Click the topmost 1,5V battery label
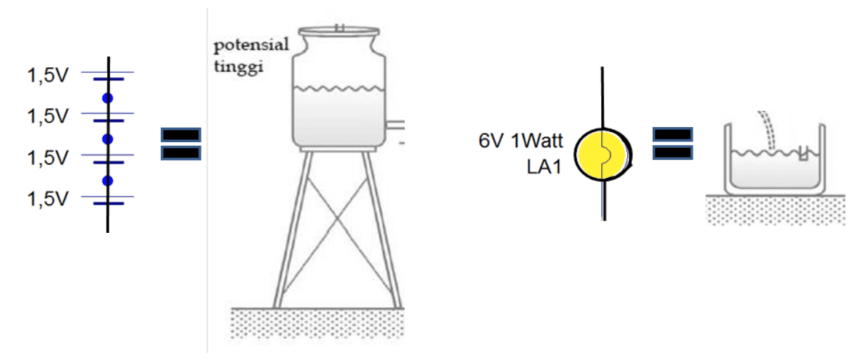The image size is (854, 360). [x=47, y=75]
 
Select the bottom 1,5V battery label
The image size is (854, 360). [x=47, y=199]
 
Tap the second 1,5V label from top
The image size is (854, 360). [x=47, y=116]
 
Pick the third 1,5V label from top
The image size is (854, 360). [x=47, y=157]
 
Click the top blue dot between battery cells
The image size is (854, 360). [x=108, y=98]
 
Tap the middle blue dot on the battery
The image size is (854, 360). [x=108, y=139]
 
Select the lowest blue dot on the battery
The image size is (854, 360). [x=108, y=180]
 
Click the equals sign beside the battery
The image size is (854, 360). [x=181, y=144]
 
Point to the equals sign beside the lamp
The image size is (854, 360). [x=672, y=143]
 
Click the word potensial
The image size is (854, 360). [x=252, y=46]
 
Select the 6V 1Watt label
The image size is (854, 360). [x=521, y=140]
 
